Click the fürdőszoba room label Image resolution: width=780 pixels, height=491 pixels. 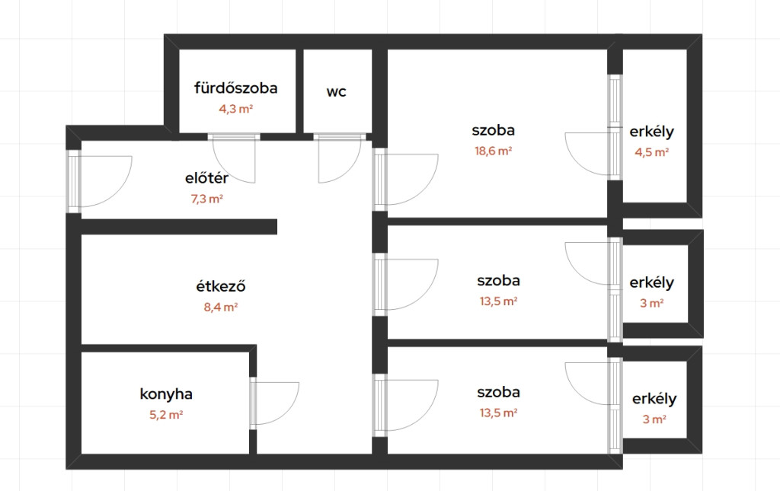[236, 88]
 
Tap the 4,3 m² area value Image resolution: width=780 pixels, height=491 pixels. [236, 109]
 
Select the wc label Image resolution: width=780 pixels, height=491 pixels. [336, 92]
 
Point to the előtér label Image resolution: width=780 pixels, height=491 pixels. [206, 178]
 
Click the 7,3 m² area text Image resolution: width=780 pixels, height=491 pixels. [206, 199]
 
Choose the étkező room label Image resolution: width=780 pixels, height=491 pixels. [220, 286]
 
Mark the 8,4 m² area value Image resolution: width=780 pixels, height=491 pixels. [220, 307]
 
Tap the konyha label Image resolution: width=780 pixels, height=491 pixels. [165, 394]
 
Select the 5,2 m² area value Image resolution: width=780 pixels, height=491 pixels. [165, 414]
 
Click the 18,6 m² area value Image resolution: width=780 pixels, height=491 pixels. [493, 151]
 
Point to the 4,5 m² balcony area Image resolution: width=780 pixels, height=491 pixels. [652, 152]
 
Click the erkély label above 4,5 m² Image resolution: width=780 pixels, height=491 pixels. [652, 132]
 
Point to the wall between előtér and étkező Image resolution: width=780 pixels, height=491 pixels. [178, 227]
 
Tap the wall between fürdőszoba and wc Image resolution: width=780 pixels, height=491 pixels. [299, 91]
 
